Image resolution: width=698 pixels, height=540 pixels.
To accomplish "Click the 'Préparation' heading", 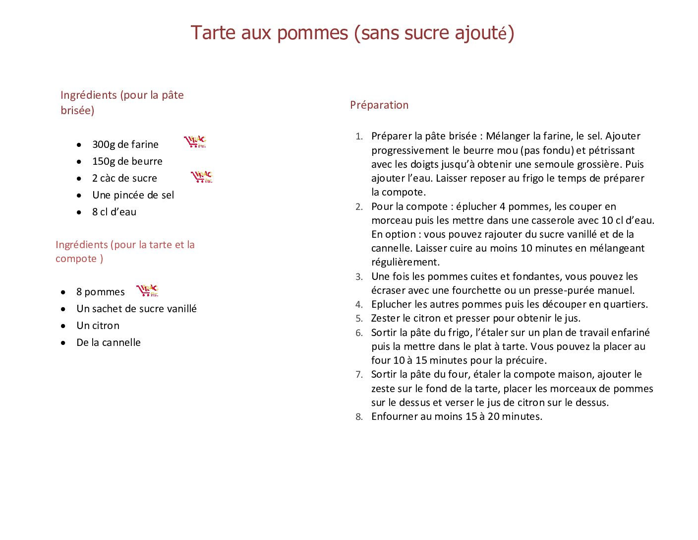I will (x=379, y=105).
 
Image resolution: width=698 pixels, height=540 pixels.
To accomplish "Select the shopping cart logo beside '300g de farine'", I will (x=195, y=142).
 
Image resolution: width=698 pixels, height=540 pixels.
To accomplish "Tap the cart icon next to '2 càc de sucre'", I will (x=202, y=176).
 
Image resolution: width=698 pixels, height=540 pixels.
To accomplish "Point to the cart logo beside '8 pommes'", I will (x=147, y=290).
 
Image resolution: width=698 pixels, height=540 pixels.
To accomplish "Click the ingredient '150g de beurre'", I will (x=127, y=161).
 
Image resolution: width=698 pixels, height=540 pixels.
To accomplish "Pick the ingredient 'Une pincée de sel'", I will (x=133, y=195).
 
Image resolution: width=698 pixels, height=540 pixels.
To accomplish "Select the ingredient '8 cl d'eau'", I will (x=114, y=212).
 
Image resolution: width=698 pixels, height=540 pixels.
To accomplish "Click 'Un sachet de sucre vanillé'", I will (x=136, y=309).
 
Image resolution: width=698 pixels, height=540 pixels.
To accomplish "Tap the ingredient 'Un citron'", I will (x=98, y=326).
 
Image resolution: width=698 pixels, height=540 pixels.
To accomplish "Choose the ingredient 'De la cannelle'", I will (x=108, y=342).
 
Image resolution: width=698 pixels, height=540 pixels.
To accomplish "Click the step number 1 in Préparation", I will (x=359, y=136).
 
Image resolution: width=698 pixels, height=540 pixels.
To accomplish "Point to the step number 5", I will (x=359, y=319).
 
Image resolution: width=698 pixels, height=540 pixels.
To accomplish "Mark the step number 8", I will (x=359, y=417).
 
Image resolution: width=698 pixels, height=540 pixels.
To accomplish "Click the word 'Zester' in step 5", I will (x=385, y=318).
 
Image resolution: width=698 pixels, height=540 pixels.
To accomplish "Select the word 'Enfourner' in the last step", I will (x=394, y=416).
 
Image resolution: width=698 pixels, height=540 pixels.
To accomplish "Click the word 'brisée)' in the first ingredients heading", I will (x=77, y=110).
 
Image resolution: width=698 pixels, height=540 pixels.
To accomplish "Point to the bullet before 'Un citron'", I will (x=63, y=326).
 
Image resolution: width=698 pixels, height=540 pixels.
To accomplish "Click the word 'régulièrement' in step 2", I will (x=405, y=262).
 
